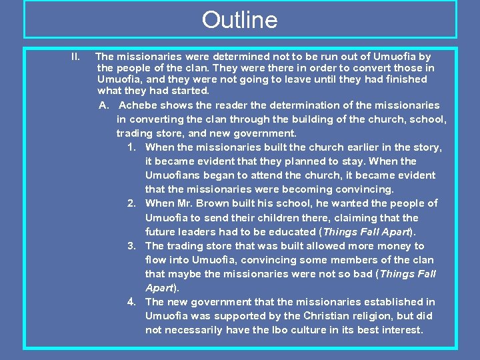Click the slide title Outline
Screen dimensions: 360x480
point(239,20)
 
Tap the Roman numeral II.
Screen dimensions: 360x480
point(75,57)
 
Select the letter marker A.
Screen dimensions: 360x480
point(103,105)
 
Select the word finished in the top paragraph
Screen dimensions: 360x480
point(405,79)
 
